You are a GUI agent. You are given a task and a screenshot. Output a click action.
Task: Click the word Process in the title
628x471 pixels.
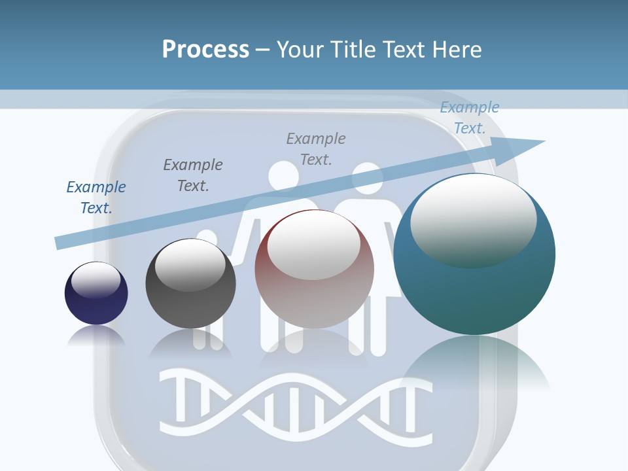205,49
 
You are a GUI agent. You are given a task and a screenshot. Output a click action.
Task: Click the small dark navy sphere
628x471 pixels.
96,294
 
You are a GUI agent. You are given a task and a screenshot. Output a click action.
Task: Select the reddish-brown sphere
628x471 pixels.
314,270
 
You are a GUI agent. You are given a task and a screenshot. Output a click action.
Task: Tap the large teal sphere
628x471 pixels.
474,254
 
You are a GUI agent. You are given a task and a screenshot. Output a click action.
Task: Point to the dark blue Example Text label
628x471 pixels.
96,198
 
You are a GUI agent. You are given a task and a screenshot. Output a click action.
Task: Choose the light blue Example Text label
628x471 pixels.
469,118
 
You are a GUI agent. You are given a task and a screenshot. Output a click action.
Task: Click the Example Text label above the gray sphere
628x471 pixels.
193,175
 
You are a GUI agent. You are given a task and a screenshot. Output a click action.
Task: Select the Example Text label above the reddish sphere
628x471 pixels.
316,148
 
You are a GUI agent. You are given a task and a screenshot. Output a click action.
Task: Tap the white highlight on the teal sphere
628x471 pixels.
473,219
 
